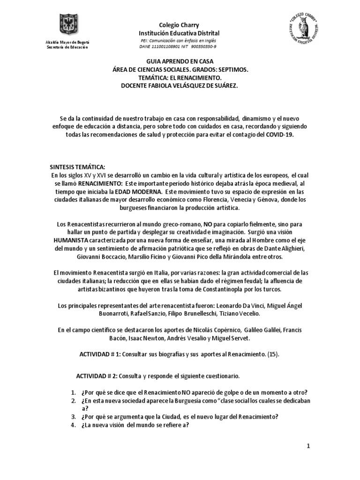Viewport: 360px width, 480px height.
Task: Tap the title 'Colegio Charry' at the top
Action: [x=180, y=25]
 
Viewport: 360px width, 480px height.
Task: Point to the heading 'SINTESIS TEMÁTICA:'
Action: [x=78, y=166]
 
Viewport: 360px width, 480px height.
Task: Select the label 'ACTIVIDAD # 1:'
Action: [x=101, y=354]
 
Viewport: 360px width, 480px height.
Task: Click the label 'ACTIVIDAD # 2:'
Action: [x=97, y=376]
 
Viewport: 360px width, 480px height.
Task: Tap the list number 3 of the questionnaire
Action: [x=73, y=417]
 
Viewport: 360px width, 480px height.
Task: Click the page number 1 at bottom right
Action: [x=309, y=447]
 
